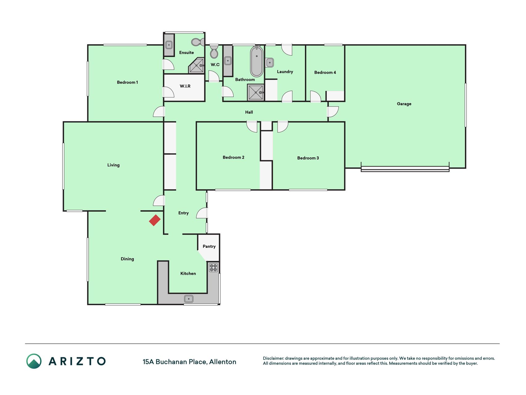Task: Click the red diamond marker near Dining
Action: coord(155,220)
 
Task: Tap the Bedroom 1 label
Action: coord(127,82)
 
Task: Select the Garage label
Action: coord(404,104)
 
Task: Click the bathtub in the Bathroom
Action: coord(256,61)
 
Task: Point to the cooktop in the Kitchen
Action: coord(214,268)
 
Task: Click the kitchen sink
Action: coord(189,299)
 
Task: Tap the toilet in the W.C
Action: coord(214,52)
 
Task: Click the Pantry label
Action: coord(209,247)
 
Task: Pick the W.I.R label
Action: coord(185,86)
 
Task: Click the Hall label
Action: coord(249,112)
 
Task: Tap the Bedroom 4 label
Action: coord(325,73)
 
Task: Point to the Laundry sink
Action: coord(270,63)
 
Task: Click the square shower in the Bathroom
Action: coord(256,93)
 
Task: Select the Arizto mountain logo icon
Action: coord(34,361)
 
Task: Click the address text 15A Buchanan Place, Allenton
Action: coord(189,362)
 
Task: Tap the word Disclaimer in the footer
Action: coord(273,359)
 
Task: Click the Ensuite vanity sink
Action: coord(169,45)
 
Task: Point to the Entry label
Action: coord(183,213)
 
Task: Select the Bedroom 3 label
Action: coord(308,158)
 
